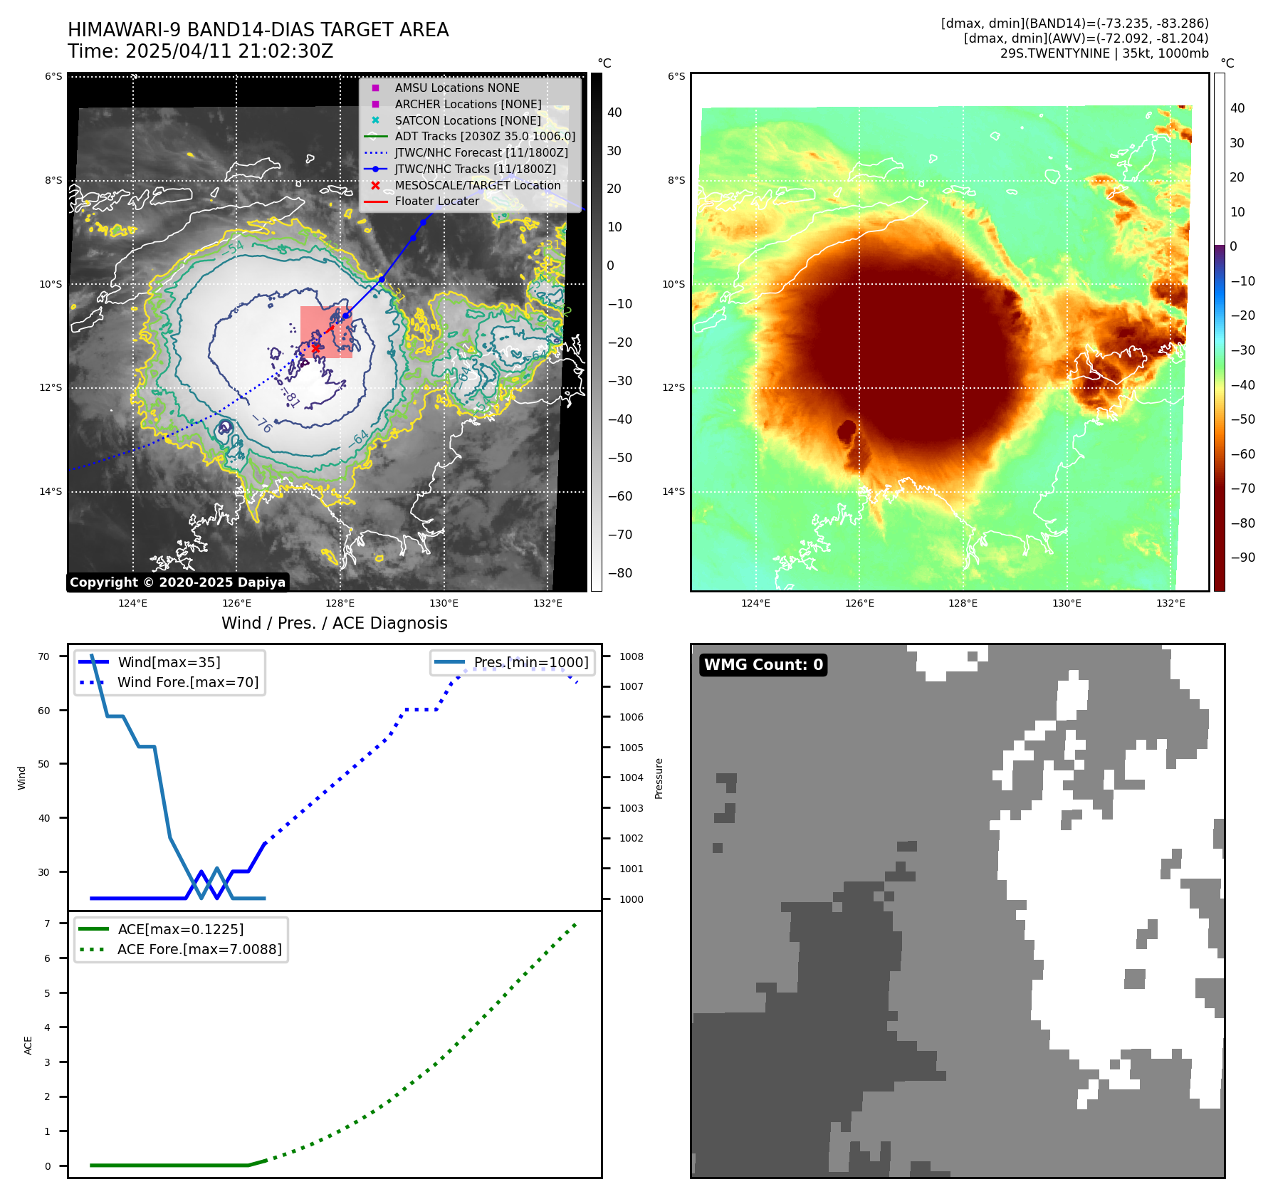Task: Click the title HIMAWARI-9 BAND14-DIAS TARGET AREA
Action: [258, 30]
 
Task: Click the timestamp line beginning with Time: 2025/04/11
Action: [200, 51]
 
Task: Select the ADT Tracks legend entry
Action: [485, 136]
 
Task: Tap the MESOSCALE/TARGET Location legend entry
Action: [477, 185]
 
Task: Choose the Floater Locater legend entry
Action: [436, 201]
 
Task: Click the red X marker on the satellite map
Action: [315, 348]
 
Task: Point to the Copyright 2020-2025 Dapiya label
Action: [177, 582]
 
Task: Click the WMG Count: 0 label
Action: [763, 664]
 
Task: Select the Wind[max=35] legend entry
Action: [169, 662]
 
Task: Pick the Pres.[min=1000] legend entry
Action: [531, 662]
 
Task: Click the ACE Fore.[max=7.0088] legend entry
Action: [199, 949]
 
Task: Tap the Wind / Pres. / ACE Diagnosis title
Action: [334, 623]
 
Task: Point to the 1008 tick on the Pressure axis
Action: [631, 656]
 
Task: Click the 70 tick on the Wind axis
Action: [44, 656]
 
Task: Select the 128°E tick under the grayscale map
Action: [340, 603]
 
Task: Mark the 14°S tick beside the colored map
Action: [674, 491]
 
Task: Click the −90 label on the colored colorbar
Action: [1243, 557]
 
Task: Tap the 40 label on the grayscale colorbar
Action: [614, 112]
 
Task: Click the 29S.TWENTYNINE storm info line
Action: [1104, 53]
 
